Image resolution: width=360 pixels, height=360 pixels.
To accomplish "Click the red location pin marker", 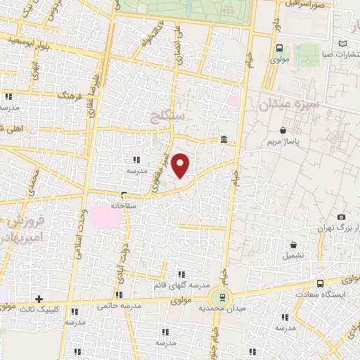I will [181, 165].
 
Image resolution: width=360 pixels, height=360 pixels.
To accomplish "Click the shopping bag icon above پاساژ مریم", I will [283, 130].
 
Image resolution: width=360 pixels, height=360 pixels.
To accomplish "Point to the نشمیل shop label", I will [294, 256].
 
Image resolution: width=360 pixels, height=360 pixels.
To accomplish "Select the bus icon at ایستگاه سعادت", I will [320, 283].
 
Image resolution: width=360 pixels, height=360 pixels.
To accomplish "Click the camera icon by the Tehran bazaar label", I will [341, 217].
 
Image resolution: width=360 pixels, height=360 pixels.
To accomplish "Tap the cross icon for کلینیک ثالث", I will [39, 299].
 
